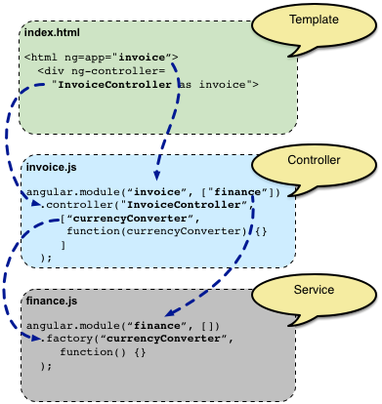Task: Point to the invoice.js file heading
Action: pos(48,170)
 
